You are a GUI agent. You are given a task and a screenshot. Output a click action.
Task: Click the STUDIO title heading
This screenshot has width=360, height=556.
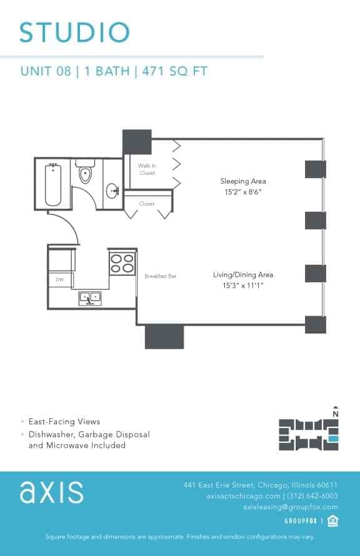pos(74,32)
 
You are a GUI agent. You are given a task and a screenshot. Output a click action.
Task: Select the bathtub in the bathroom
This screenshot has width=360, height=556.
pos(53,184)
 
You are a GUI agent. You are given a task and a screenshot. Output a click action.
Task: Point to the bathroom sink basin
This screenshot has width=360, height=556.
pos(113,191)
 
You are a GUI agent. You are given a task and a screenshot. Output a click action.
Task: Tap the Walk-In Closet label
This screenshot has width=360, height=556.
pos(147,169)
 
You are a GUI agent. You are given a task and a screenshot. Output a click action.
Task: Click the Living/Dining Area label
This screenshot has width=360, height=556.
pos(243,274)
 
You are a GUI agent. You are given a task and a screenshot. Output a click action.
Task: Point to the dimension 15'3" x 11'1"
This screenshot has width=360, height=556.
pos(243,285)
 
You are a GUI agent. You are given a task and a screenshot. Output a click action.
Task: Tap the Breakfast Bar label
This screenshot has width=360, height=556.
pos(161,276)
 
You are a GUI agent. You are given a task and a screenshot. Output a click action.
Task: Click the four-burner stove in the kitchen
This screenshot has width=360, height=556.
pos(122,262)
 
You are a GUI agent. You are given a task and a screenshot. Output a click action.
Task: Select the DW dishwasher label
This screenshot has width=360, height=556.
pos(60,280)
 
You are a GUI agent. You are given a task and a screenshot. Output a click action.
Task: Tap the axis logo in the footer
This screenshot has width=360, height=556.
pos(51,492)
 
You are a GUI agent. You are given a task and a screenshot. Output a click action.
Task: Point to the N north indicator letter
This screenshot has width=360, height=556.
pos(336,413)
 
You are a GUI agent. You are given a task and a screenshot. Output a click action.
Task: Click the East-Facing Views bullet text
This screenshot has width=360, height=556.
pos(64,422)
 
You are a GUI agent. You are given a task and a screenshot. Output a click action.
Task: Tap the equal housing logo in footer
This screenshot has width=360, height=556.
pos(332,521)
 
